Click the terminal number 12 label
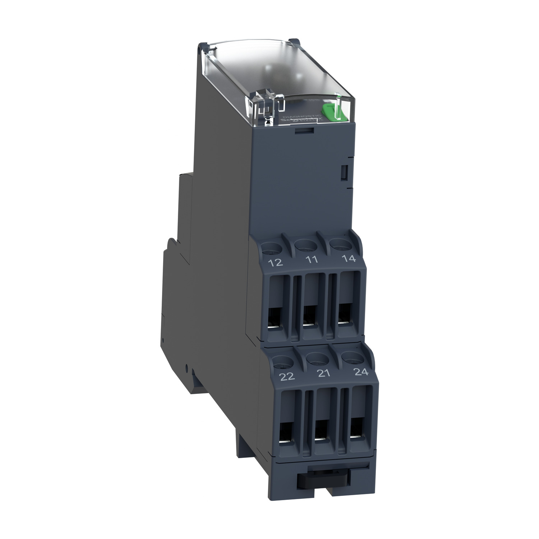(x=275, y=262)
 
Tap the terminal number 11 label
(x=312, y=259)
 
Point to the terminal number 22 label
(x=287, y=376)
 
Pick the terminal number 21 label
(x=324, y=373)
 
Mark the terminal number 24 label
(x=361, y=372)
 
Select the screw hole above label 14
(x=339, y=243)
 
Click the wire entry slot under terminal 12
(x=275, y=320)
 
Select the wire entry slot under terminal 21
(x=322, y=433)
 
